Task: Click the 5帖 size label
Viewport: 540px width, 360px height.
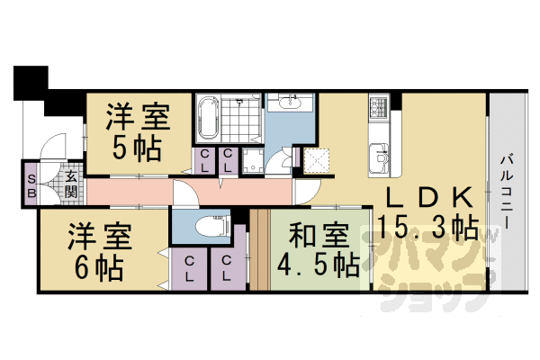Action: coord(138,147)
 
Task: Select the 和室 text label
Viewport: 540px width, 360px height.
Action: coord(316,237)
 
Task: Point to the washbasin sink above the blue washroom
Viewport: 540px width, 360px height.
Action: coord(288,106)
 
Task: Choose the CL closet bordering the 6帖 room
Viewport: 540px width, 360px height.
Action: coord(190,267)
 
